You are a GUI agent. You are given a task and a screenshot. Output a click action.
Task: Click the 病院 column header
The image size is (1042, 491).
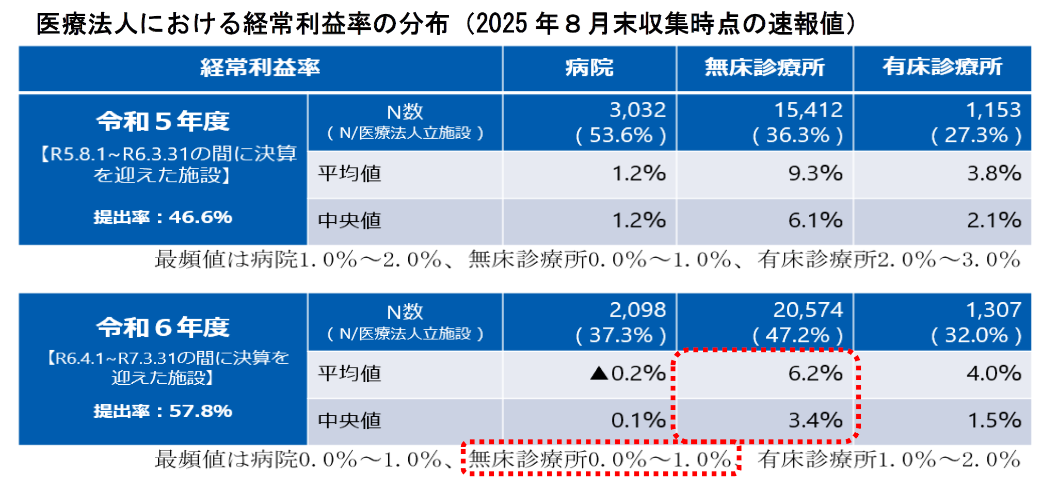(x=589, y=68)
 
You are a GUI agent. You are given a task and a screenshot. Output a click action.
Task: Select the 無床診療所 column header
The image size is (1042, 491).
(x=764, y=68)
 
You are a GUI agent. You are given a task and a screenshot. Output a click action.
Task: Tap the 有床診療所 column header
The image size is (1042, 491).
(x=942, y=67)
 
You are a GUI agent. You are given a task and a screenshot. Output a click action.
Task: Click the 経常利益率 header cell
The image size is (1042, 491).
(x=260, y=68)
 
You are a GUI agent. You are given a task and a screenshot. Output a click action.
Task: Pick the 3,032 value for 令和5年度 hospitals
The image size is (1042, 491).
(x=637, y=110)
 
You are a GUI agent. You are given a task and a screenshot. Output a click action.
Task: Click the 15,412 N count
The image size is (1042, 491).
(x=808, y=110)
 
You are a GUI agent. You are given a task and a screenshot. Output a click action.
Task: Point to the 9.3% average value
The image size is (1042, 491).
(x=815, y=173)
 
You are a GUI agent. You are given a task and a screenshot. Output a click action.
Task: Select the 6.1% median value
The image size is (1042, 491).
(x=815, y=221)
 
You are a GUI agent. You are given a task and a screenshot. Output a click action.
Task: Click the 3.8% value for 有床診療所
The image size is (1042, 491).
(x=993, y=173)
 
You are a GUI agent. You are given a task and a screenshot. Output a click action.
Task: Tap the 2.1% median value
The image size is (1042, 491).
(x=993, y=221)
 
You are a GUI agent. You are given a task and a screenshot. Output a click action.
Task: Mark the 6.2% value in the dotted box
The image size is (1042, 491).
(x=815, y=373)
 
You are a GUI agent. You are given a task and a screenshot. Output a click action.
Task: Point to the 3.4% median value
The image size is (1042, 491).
(x=815, y=420)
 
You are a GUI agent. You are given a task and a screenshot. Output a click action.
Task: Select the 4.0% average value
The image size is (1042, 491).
(x=993, y=373)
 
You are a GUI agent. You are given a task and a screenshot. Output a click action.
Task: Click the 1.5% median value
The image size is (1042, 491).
(x=993, y=420)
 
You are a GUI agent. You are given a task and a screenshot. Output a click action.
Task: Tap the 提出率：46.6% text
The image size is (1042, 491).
(x=163, y=217)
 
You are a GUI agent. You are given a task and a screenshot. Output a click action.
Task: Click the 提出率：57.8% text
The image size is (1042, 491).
(x=163, y=411)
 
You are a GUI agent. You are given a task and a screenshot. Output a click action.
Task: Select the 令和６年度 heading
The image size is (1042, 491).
(x=163, y=327)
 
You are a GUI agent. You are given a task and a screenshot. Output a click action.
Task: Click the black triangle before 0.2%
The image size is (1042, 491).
(x=599, y=373)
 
